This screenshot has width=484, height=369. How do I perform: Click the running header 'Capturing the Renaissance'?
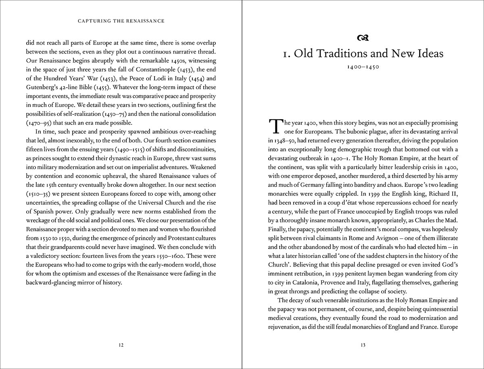pyautogui.click(x=121, y=21)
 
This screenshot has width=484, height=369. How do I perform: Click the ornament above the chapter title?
pyautogui.click(x=363, y=38)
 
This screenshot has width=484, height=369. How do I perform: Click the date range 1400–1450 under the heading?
pyautogui.click(x=363, y=67)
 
